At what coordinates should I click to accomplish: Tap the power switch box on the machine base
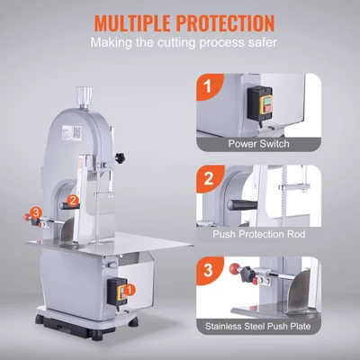(x=115, y=290)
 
